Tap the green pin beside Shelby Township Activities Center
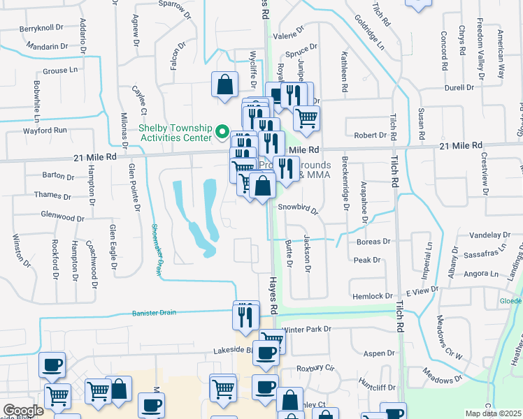222,131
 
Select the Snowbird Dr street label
297,209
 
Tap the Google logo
23,411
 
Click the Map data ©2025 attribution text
493,413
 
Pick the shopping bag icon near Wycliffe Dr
224,85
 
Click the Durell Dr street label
459,88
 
